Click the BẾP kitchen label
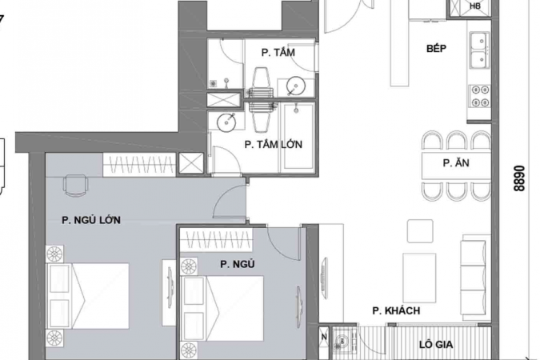436,48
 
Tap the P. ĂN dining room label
456,162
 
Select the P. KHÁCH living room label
396,310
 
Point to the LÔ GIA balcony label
436,345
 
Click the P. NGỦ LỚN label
91,220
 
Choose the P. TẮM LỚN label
274,144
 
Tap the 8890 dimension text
519,178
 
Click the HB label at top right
475,6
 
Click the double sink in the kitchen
480,50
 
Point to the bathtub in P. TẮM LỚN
298,137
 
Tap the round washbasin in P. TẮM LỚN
226,122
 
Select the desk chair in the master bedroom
75,186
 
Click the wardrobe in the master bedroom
139,165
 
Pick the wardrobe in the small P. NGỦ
217,239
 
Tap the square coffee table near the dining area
420,231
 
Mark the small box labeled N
324,337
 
